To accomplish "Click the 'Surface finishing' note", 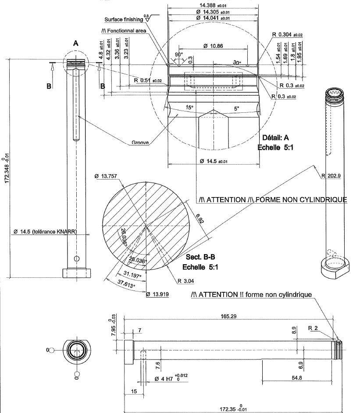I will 124,19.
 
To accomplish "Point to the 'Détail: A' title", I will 277,137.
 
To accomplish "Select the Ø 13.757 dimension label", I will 109,176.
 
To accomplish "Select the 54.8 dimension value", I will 297,378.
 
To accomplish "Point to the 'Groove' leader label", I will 141,143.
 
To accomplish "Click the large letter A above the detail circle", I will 75,43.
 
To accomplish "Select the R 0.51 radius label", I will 147,81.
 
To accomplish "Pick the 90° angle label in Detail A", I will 179,54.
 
